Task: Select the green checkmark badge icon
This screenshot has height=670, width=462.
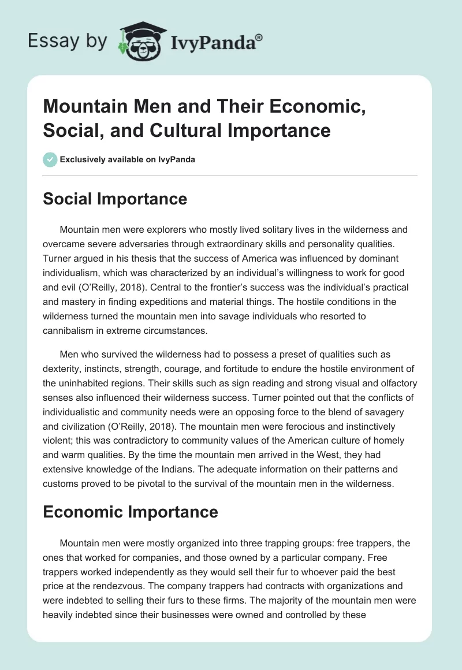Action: (x=50, y=159)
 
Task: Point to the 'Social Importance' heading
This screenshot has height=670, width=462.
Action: (x=115, y=199)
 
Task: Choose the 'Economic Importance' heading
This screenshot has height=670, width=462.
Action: (x=131, y=512)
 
